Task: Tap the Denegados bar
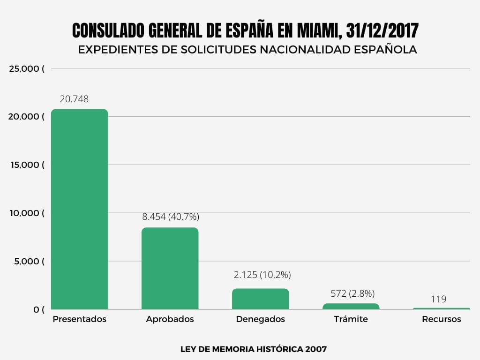[260, 299]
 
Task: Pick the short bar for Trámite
[351, 306]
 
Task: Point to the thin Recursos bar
[441, 308]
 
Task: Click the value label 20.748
[74, 99]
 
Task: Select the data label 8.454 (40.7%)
[171, 217]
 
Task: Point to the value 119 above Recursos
[438, 299]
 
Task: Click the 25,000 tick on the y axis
[27, 69]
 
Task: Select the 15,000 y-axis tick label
[27, 165]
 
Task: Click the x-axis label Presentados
[79, 319]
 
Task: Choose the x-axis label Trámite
[351, 319]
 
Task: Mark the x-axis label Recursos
[441, 319]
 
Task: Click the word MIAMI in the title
[317, 31]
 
